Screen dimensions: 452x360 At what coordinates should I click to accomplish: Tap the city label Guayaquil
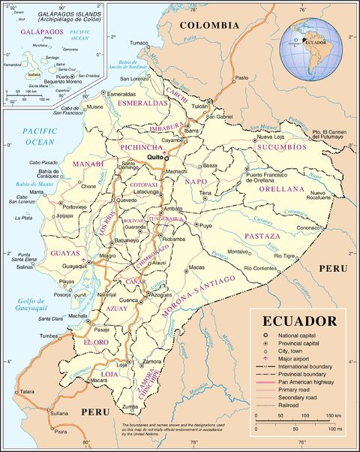[65, 266]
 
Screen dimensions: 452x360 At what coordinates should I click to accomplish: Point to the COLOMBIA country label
[209, 25]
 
